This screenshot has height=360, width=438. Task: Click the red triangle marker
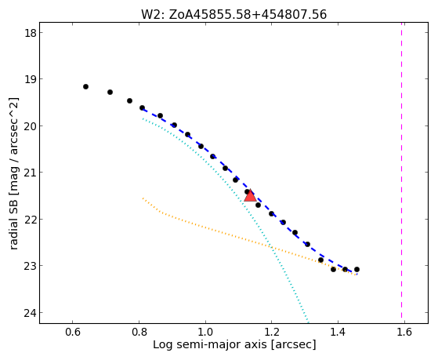(x=250, y=196)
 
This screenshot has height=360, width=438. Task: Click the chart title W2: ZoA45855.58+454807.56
(x=233, y=14)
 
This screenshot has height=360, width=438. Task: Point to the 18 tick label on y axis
(x=31, y=33)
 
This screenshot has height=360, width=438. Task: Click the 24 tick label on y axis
(x=31, y=313)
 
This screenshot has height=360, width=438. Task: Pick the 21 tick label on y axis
(x=31, y=173)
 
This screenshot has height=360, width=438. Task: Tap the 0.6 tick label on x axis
(x=73, y=332)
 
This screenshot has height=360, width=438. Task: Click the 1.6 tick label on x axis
(x=404, y=332)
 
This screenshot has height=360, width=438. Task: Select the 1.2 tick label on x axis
(x=272, y=332)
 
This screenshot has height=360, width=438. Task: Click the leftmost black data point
(x=85, y=87)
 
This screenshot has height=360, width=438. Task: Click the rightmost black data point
(x=357, y=269)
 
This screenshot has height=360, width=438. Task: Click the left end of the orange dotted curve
(x=143, y=198)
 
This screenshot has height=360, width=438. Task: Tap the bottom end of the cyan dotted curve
(x=308, y=322)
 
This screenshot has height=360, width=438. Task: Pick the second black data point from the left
(x=110, y=92)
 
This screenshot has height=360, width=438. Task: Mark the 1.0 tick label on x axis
(x=205, y=332)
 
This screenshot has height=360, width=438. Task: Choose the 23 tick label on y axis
(x=31, y=265)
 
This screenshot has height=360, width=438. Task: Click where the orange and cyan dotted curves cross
(x=271, y=247)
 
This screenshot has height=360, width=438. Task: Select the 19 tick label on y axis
(x=31, y=79)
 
